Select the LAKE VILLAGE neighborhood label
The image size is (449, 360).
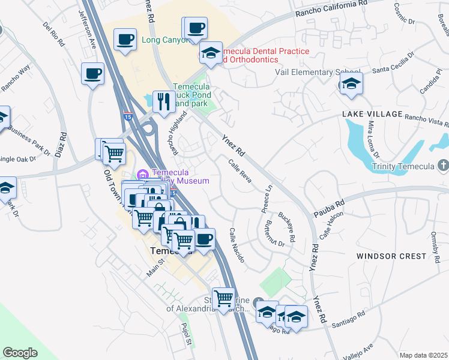[x=372, y=114]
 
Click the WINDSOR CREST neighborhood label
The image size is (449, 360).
[x=391, y=256]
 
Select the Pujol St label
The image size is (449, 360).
[x=185, y=335]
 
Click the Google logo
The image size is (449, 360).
[x=20, y=353]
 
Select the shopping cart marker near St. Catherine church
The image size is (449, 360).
[x=224, y=297]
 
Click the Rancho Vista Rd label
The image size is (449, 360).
[x=427, y=121]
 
